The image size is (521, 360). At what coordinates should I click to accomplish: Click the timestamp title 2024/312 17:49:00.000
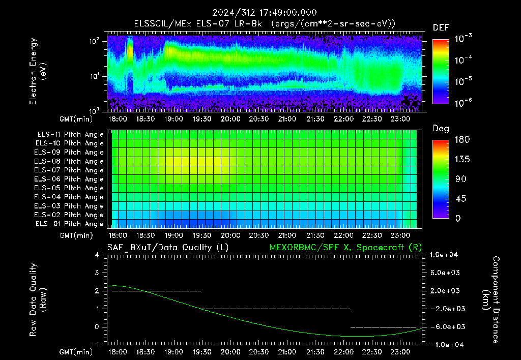pyautogui.click(x=265, y=13)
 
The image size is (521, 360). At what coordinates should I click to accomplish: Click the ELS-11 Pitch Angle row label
pyautogui.click(x=70, y=135)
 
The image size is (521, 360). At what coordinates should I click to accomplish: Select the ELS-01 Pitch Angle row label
pyautogui.click(x=70, y=224)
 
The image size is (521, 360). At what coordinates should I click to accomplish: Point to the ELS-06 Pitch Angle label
pyautogui.click(x=69, y=179)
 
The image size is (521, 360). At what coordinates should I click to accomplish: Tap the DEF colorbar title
pyautogui.click(x=441, y=27)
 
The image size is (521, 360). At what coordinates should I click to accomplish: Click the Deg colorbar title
pyautogui.click(x=441, y=129)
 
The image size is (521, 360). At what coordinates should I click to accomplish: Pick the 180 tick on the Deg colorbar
pyautogui.click(x=462, y=139)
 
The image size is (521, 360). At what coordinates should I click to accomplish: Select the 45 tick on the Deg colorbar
pyautogui.click(x=460, y=199)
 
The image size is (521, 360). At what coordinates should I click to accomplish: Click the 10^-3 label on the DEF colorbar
pyautogui.click(x=464, y=39)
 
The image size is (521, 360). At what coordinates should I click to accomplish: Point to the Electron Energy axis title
pyautogui.click(x=37, y=71)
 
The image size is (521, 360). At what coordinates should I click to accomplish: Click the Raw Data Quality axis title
pyautogui.click(x=37, y=300)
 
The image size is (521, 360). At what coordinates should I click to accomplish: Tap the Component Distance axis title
pyautogui.click(x=491, y=300)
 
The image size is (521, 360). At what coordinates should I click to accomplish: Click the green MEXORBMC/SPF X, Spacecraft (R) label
pyautogui.click(x=345, y=248)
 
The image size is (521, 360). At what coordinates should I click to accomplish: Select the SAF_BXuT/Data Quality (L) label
pyautogui.click(x=168, y=248)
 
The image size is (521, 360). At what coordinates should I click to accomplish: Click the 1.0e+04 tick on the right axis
pyautogui.click(x=444, y=255)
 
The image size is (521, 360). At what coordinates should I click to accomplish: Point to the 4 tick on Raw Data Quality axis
pyautogui.click(x=97, y=255)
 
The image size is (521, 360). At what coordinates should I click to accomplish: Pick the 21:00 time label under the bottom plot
pyautogui.click(x=287, y=352)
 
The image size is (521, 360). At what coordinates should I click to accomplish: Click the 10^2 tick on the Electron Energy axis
pyautogui.click(x=94, y=41)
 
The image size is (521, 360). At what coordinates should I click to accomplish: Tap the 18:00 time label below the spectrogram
pyautogui.click(x=118, y=119)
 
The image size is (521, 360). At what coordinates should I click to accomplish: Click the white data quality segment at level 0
pyautogui.click(x=384, y=327)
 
